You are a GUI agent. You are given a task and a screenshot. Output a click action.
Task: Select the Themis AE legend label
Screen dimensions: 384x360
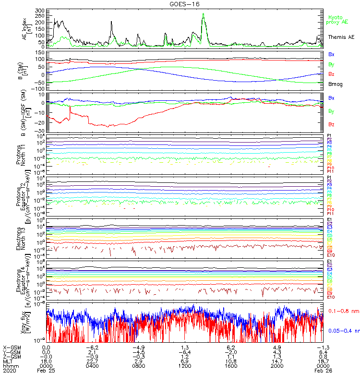(341, 37)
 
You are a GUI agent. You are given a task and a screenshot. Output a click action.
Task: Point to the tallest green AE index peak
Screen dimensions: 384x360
(204, 15)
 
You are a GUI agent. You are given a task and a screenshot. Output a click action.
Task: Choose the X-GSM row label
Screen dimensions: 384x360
(11, 347)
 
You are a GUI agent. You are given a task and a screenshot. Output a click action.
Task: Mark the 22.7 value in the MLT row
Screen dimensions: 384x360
(92, 360)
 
